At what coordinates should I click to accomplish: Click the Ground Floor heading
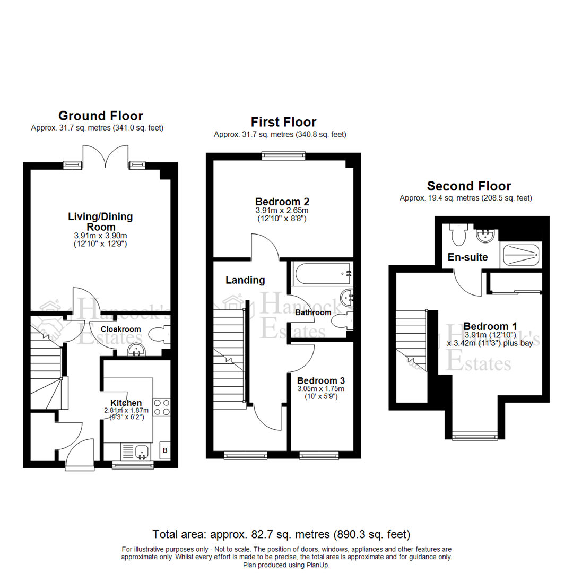[x=100, y=116]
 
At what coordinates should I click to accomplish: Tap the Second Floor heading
[x=469, y=186]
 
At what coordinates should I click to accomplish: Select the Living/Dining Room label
[x=100, y=222]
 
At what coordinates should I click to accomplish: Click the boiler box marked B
[x=165, y=451]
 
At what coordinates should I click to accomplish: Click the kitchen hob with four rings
[x=161, y=407]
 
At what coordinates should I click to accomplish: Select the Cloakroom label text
[x=121, y=329]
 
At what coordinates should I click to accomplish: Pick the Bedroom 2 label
[x=282, y=202]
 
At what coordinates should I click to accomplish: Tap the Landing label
[x=245, y=280]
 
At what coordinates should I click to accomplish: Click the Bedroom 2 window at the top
[x=284, y=155]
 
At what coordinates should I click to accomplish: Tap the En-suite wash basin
[x=484, y=235]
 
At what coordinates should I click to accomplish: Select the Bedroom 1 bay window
[x=474, y=436]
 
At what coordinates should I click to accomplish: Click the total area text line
[x=281, y=534]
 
